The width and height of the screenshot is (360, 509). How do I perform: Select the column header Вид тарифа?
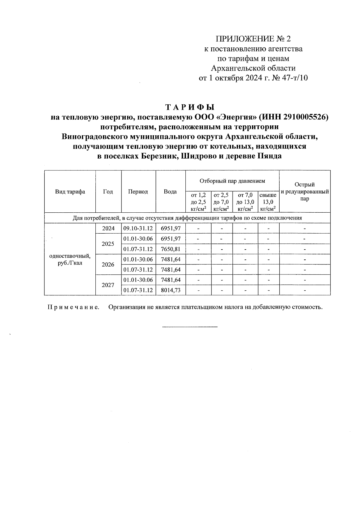coord(70,192)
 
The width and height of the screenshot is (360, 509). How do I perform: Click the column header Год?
coord(108,192)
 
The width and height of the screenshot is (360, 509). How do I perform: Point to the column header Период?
coord(138,192)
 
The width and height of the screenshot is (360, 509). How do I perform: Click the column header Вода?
coord(170,192)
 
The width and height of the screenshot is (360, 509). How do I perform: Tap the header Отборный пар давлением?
coord(232,181)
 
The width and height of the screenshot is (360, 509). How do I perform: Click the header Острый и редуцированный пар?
coord(304,192)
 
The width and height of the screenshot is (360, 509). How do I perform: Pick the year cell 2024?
coord(108,228)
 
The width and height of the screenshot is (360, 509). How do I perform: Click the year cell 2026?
coord(108,265)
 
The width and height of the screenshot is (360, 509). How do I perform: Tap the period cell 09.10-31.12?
coord(138,228)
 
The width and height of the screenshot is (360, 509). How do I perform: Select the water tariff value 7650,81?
coord(171,249)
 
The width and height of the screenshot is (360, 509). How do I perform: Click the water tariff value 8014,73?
coord(171,290)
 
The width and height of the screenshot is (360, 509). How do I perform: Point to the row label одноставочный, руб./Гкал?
coord(70,260)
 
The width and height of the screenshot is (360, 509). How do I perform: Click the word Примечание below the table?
coord(73,307)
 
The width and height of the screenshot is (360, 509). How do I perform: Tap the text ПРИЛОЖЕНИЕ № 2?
coord(253,39)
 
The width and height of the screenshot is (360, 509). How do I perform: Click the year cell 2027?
coord(108,285)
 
